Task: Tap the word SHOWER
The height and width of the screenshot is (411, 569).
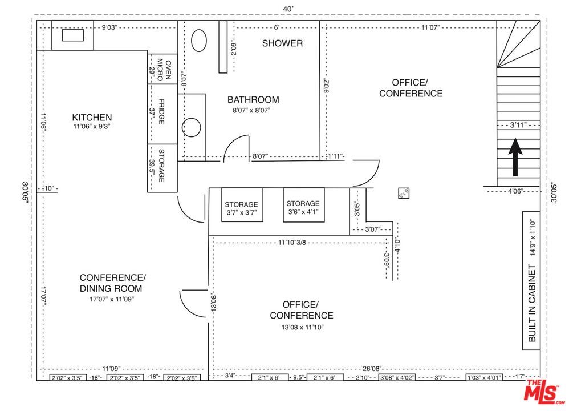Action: pos(282,43)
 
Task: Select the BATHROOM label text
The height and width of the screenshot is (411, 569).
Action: pos(253,99)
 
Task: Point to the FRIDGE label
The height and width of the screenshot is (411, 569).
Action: pos(162,112)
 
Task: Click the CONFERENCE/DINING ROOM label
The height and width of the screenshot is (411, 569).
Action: pos(112,283)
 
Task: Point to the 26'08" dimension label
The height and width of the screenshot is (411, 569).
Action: pos(372,369)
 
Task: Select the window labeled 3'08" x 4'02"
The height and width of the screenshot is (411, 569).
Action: pos(397,378)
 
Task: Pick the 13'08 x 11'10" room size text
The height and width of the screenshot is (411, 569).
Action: pos(301,327)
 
